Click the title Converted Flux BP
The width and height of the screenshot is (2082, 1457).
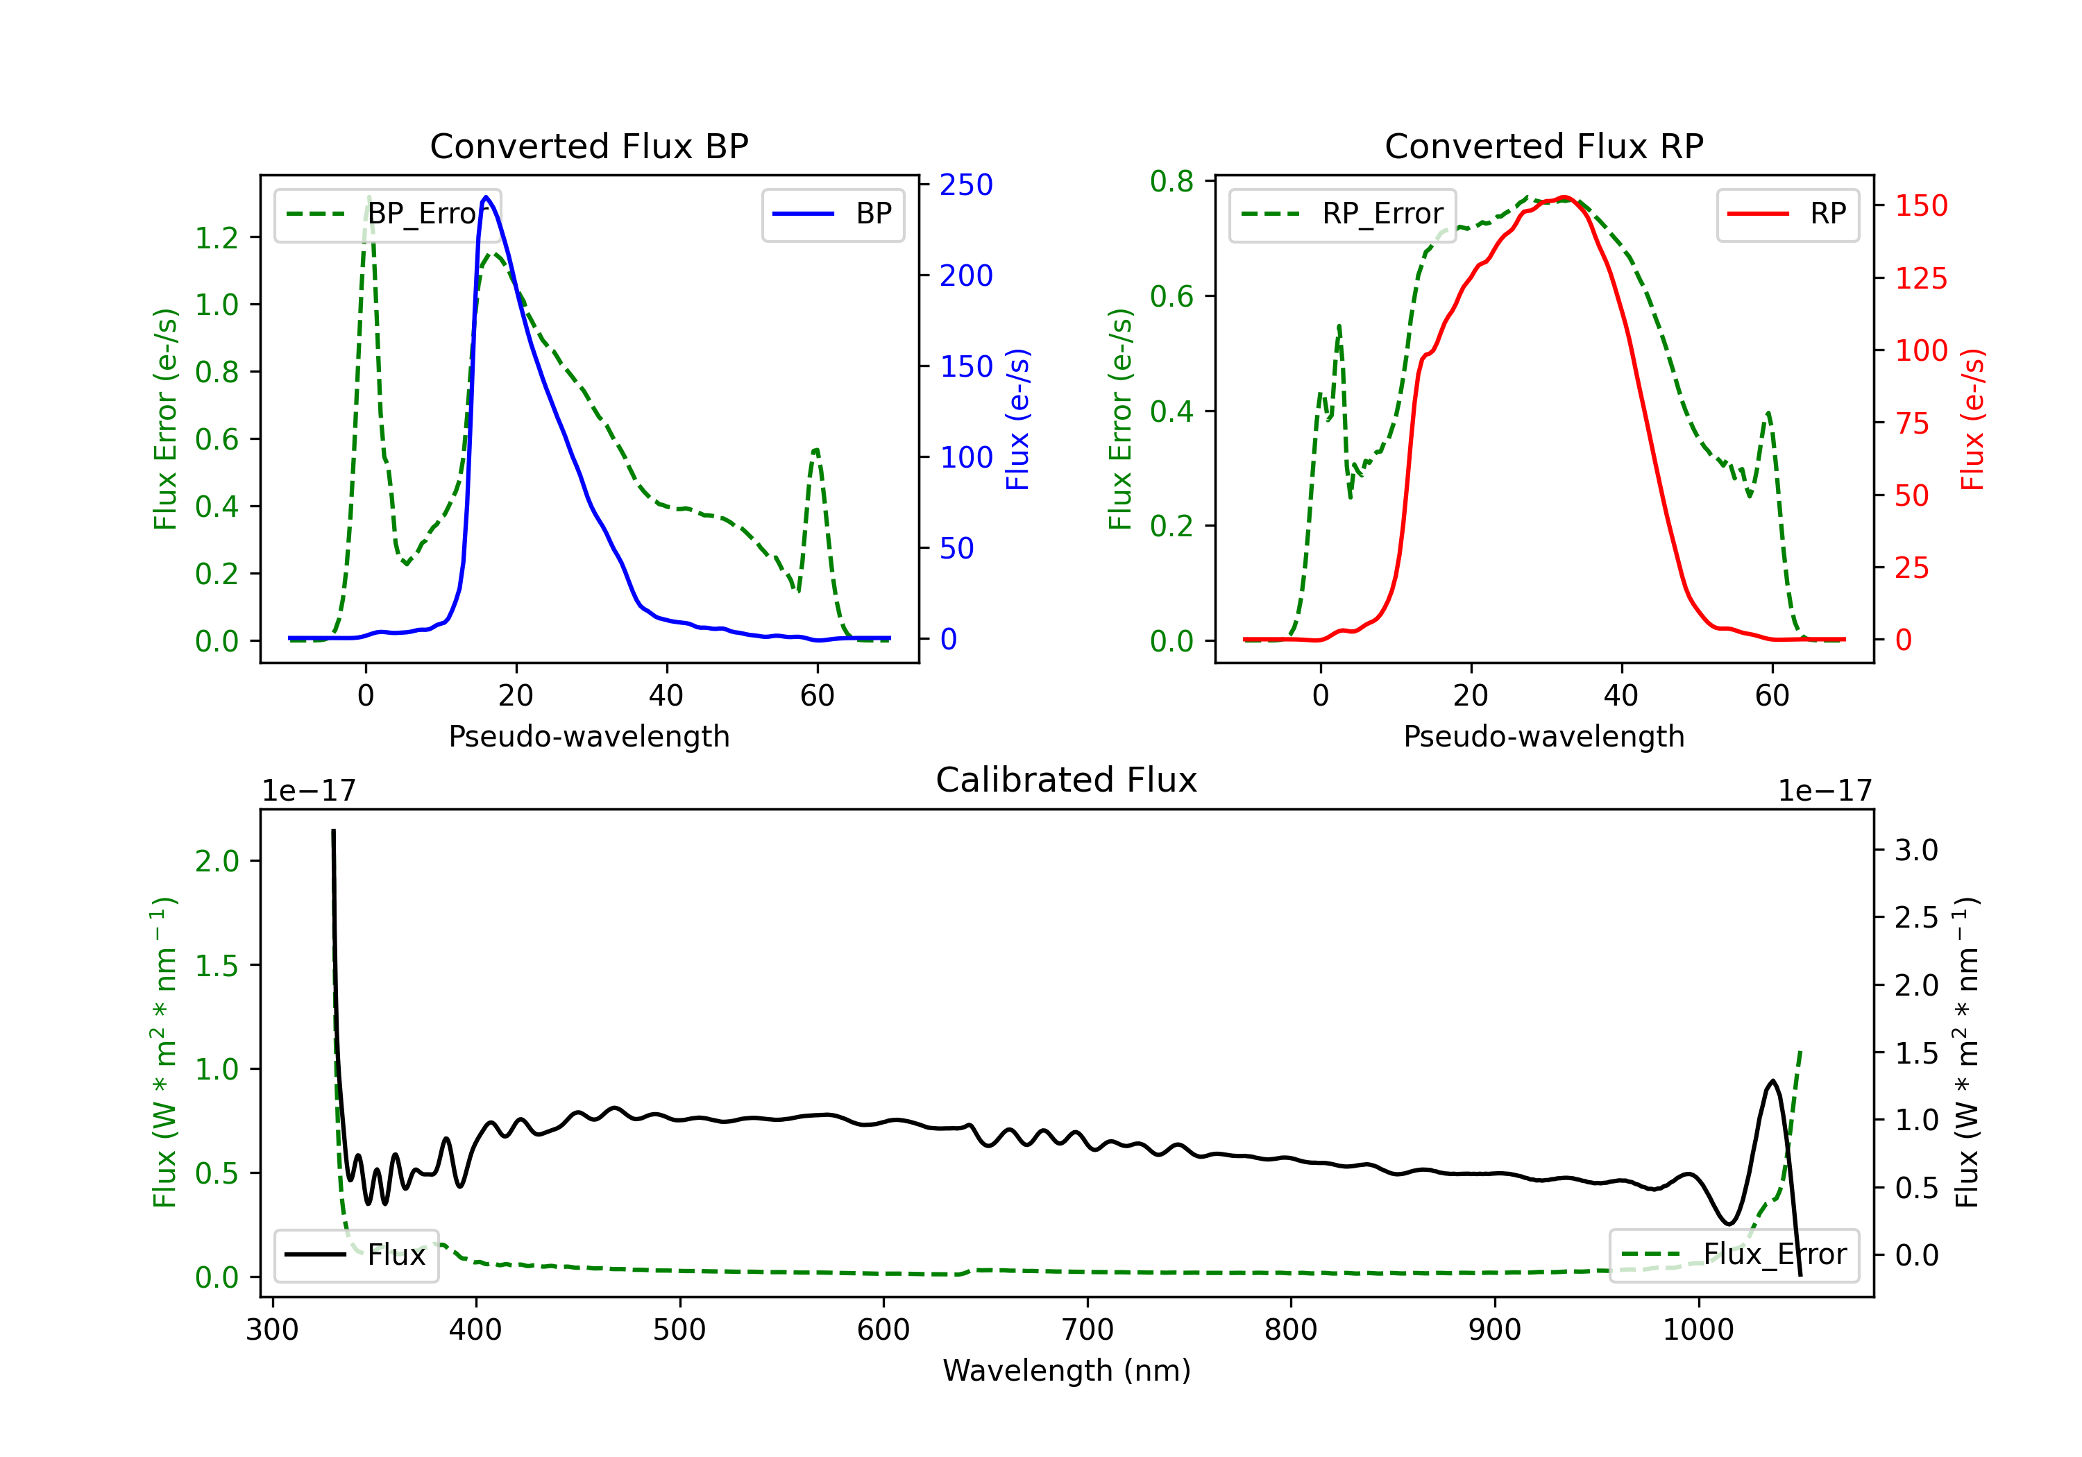tap(589, 146)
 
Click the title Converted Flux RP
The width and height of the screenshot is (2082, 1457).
tap(1543, 146)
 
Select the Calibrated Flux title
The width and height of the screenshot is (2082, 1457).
tap(1067, 780)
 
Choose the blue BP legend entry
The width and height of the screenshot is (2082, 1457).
tap(832, 214)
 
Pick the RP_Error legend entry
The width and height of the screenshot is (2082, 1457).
tap(1342, 214)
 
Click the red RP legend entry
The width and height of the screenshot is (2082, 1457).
tap(1787, 214)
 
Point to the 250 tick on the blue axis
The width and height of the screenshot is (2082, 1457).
tap(966, 185)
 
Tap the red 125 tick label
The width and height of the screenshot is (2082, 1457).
tap(1920, 278)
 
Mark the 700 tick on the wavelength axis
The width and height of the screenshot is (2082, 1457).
tap(1086, 1330)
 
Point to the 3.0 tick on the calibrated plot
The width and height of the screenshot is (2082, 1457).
tap(1916, 851)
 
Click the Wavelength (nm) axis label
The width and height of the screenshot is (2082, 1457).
tap(1067, 1370)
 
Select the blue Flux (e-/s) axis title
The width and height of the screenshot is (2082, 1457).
tap(1017, 419)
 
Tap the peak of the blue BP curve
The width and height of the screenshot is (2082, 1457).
tap(486, 197)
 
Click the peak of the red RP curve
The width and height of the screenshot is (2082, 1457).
tap(1564, 197)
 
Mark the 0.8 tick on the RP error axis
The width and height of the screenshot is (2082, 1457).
tap(1171, 181)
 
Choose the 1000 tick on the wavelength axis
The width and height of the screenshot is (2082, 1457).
tap(1698, 1330)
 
